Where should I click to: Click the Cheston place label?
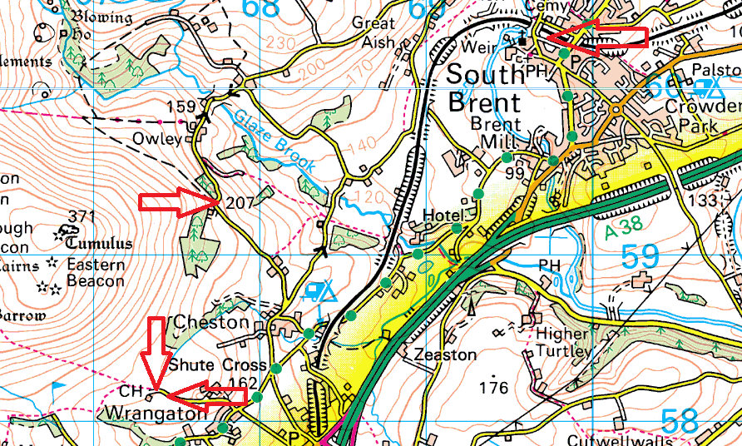210,322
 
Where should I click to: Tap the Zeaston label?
445,355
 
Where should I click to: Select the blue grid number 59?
641,257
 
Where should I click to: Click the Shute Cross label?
217,365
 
